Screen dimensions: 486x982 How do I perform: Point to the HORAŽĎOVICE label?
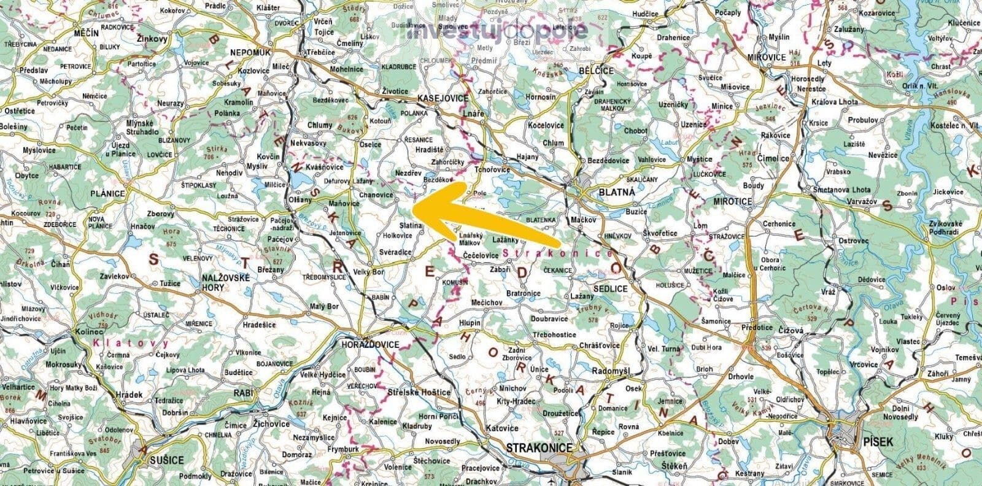pyautogui.click(x=369, y=345)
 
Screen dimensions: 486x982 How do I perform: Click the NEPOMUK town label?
pyautogui.click(x=249, y=53)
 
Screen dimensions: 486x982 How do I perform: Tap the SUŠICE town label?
pyautogui.click(x=163, y=459)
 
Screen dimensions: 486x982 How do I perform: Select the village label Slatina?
pyautogui.click(x=411, y=226)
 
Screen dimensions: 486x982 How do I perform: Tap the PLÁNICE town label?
pyautogui.click(x=107, y=193)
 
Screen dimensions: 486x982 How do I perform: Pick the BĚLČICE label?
pyautogui.click(x=596, y=71)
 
